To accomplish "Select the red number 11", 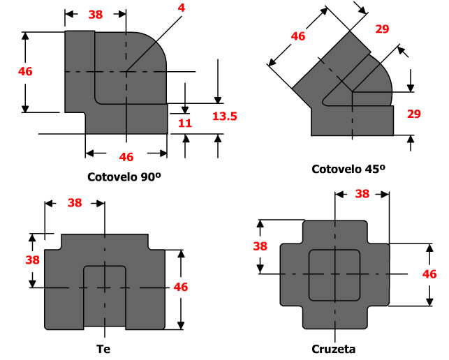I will (184, 123).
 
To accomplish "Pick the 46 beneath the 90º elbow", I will (126, 156).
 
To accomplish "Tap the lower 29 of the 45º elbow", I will (413, 114).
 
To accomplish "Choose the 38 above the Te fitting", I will (74, 203).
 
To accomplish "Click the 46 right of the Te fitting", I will (180, 286).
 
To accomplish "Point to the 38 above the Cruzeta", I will (362, 194).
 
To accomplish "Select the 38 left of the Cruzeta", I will (259, 246).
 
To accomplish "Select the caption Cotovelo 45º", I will (348, 169).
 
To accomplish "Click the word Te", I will (104, 348).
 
